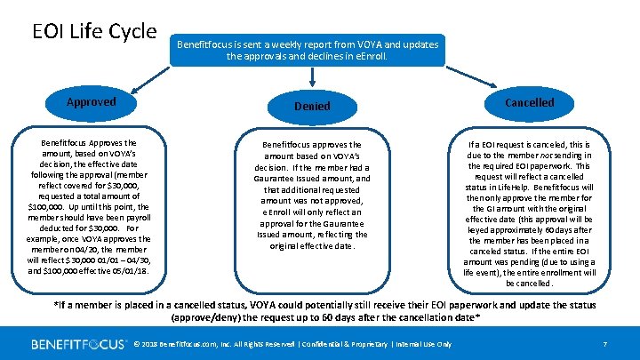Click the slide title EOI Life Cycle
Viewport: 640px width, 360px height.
click(94, 31)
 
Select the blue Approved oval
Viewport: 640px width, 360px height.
click(92, 101)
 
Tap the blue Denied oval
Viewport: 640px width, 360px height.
click(312, 106)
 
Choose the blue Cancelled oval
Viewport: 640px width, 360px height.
click(529, 102)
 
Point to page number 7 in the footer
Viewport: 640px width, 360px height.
click(604, 344)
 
